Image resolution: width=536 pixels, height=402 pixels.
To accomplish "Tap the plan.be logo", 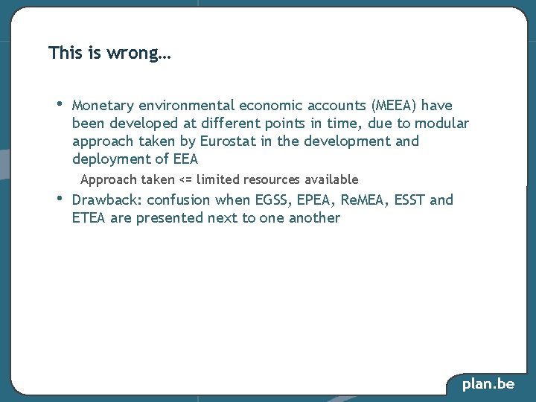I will pyautogui.click(x=488, y=384).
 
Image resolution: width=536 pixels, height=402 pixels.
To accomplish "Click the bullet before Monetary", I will pyautogui.click(x=60, y=103).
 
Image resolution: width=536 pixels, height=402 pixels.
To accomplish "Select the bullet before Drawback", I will pyautogui.click(x=60, y=198).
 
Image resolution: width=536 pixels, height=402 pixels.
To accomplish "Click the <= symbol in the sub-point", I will pyautogui.click(x=186, y=179).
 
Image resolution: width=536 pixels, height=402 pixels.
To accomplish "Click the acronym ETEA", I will pyautogui.click(x=89, y=218).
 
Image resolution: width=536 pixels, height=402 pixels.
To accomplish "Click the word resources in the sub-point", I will pyautogui.click(x=280, y=179).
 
